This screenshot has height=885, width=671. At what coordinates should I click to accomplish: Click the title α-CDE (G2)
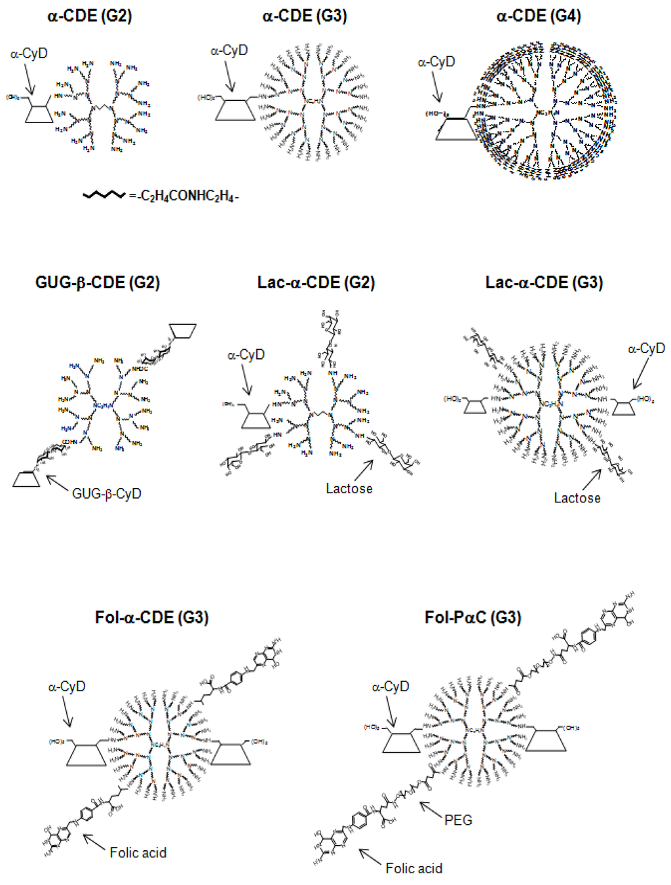click(90, 16)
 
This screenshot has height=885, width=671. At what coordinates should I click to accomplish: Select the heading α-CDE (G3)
click(305, 16)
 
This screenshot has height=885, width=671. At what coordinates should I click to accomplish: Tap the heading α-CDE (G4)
click(539, 16)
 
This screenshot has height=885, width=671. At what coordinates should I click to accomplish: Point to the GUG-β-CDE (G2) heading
click(98, 282)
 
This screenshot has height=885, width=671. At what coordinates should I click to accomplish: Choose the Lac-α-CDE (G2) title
click(316, 282)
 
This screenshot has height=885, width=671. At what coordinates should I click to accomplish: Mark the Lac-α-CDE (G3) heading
click(544, 282)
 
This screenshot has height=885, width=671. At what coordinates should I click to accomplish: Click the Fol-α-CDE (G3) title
click(151, 617)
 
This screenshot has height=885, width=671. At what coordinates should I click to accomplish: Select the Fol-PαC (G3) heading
click(472, 617)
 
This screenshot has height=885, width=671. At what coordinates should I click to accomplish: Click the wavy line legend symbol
click(104, 195)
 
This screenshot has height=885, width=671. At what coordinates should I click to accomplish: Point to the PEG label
click(458, 820)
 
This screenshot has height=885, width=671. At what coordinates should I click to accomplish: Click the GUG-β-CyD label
click(106, 493)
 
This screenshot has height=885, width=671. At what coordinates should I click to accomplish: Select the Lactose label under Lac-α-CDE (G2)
click(349, 488)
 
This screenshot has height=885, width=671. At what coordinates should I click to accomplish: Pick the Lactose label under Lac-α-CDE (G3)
click(577, 498)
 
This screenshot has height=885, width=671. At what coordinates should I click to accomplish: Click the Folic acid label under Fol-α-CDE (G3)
click(138, 852)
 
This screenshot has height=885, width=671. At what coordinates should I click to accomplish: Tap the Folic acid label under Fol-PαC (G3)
click(413, 868)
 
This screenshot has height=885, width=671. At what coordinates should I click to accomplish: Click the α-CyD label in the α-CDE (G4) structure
click(436, 62)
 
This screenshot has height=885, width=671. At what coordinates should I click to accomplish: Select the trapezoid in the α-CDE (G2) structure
click(39, 113)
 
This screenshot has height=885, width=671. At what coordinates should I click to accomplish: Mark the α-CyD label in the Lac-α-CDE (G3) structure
click(646, 348)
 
